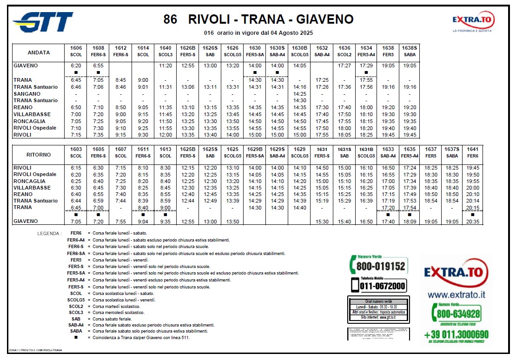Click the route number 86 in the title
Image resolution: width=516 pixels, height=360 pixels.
pyautogui.click(x=170, y=20)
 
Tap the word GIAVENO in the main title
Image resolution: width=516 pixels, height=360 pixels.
pyautogui.click(x=325, y=20)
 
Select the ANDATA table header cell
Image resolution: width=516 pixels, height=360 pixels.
pyautogui.click(x=39, y=52)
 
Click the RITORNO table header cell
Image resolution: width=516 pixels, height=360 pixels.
pyautogui.click(x=39, y=153)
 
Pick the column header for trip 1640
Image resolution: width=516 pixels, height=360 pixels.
pyautogui.click(x=165, y=48)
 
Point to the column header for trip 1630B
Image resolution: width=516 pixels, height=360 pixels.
pyautogui.click(x=299, y=48)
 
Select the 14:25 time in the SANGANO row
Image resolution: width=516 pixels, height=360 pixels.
pyautogui.click(x=299, y=94)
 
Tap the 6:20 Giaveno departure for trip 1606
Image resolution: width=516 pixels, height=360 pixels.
pyautogui.click(x=76, y=66)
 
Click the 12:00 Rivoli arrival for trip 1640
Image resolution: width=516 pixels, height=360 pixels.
pyautogui.click(x=165, y=135)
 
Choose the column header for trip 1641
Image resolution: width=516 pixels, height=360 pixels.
pyautogui.click(x=472, y=150)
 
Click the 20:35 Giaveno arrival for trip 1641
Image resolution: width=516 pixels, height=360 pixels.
pyautogui.click(x=472, y=222)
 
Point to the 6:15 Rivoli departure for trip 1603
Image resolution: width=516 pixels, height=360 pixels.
pyautogui.click(x=76, y=168)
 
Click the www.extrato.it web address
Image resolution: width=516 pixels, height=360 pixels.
pyautogui.click(x=456, y=295)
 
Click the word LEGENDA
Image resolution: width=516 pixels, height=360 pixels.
pyautogui.click(x=49, y=234)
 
